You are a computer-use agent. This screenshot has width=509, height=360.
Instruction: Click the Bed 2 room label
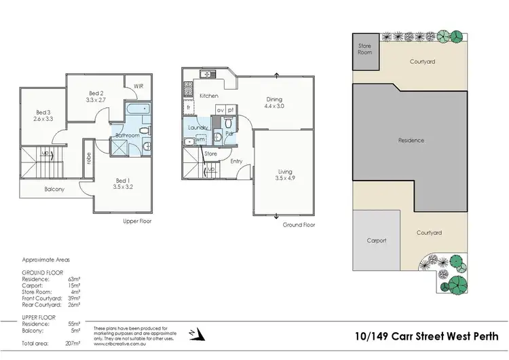click(96, 93)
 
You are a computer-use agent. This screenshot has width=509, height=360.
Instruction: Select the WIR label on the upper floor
click(138, 87)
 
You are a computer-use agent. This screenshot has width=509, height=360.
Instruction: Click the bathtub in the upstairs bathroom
click(138, 109)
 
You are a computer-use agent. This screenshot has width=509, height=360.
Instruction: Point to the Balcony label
click(54, 190)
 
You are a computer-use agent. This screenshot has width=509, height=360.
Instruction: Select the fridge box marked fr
click(188, 108)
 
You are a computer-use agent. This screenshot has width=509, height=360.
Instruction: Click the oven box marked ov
click(220, 109)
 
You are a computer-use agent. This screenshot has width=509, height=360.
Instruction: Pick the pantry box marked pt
click(231, 109)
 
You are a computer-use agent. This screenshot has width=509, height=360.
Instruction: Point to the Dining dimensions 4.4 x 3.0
click(274, 107)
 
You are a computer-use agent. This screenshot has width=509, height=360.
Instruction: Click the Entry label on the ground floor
click(235, 161)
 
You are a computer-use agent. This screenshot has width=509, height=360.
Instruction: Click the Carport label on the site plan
click(377, 240)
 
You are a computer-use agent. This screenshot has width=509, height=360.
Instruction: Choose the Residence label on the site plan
click(411, 141)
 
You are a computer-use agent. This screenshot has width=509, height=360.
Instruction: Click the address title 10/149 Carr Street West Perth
click(427, 336)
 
